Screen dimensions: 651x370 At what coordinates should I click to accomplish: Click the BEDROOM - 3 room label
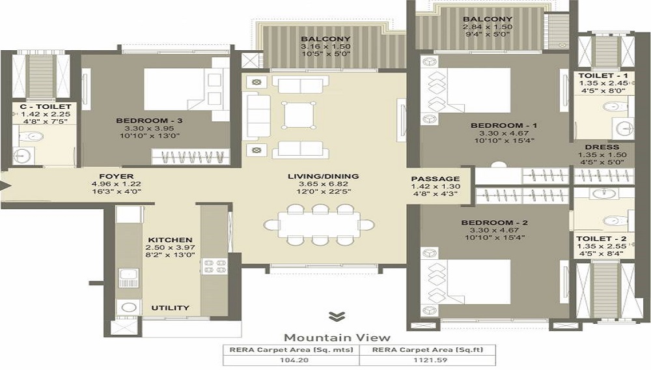point(149,121)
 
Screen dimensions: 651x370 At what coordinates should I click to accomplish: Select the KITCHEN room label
point(170,240)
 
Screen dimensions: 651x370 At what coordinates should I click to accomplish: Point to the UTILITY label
point(170,307)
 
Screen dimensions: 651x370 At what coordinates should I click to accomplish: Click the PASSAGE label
point(436,179)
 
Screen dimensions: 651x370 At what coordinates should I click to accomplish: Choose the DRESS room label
point(602,147)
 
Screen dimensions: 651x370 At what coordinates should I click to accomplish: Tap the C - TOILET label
point(46,107)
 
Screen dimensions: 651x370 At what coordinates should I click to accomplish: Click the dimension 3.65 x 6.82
point(324,184)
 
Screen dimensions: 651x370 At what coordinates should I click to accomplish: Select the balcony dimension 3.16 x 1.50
point(326,46)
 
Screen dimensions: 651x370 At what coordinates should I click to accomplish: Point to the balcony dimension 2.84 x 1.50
point(488,27)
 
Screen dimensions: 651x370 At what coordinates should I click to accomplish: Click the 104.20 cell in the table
point(294,360)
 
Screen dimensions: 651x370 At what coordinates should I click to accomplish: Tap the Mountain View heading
point(337,337)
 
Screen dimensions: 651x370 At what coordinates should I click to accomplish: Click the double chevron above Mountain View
point(337,317)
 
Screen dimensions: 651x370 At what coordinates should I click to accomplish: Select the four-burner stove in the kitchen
point(215,266)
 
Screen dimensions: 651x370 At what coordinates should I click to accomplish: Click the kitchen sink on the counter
point(128,277)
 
